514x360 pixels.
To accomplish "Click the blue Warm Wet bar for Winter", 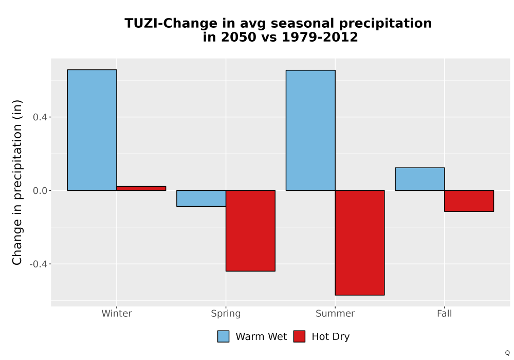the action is [92, 130].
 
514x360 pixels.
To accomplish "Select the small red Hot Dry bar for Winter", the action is [141, 188].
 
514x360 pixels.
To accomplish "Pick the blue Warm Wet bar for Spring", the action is [201, 199].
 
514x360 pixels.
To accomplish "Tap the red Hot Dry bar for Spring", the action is [250, 231].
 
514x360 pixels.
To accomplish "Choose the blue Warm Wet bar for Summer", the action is [310, 130].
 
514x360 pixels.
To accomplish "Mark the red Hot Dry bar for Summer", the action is [360, 243].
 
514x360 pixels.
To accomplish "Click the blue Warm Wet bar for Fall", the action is [420, 179].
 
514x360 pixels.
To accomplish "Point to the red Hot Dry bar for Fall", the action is [469, 201].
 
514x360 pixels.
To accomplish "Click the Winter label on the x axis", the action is [117, 313].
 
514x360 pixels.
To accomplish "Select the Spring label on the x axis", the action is [226, 314].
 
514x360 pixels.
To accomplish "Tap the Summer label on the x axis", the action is [335, 313].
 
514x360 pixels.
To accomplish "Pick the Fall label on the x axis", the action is [445, 313].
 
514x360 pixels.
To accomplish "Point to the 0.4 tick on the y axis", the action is [40, 117].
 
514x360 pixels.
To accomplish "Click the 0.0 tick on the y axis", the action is [40, 190].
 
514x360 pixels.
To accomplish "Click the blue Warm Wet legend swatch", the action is [223, 336].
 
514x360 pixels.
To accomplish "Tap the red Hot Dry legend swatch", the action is [299, 336].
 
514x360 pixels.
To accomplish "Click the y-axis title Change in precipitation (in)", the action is [17, 182].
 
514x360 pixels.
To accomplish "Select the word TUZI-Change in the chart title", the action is [171, 24].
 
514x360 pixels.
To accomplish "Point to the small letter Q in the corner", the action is [507, 353].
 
